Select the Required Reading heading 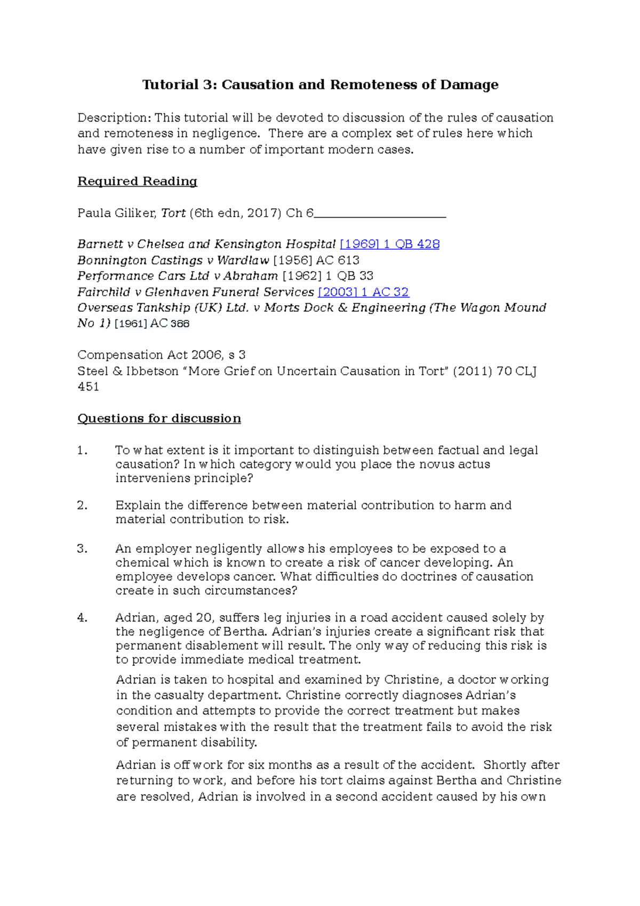click(138, 181)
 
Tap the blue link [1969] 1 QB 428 click(389, 244)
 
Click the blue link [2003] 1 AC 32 click(363, 292)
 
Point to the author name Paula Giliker click(117, 213)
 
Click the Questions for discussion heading click(159, 418)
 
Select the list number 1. click(82, 450)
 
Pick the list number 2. click(82, 505)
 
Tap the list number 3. click(82, 549)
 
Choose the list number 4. click(82, 618)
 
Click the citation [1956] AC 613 click(316, 260)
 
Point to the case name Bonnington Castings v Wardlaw click(173, 260)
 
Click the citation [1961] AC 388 click(152, 323)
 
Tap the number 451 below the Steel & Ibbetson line click(89, 387)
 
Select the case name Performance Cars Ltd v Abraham click(178, 276)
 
